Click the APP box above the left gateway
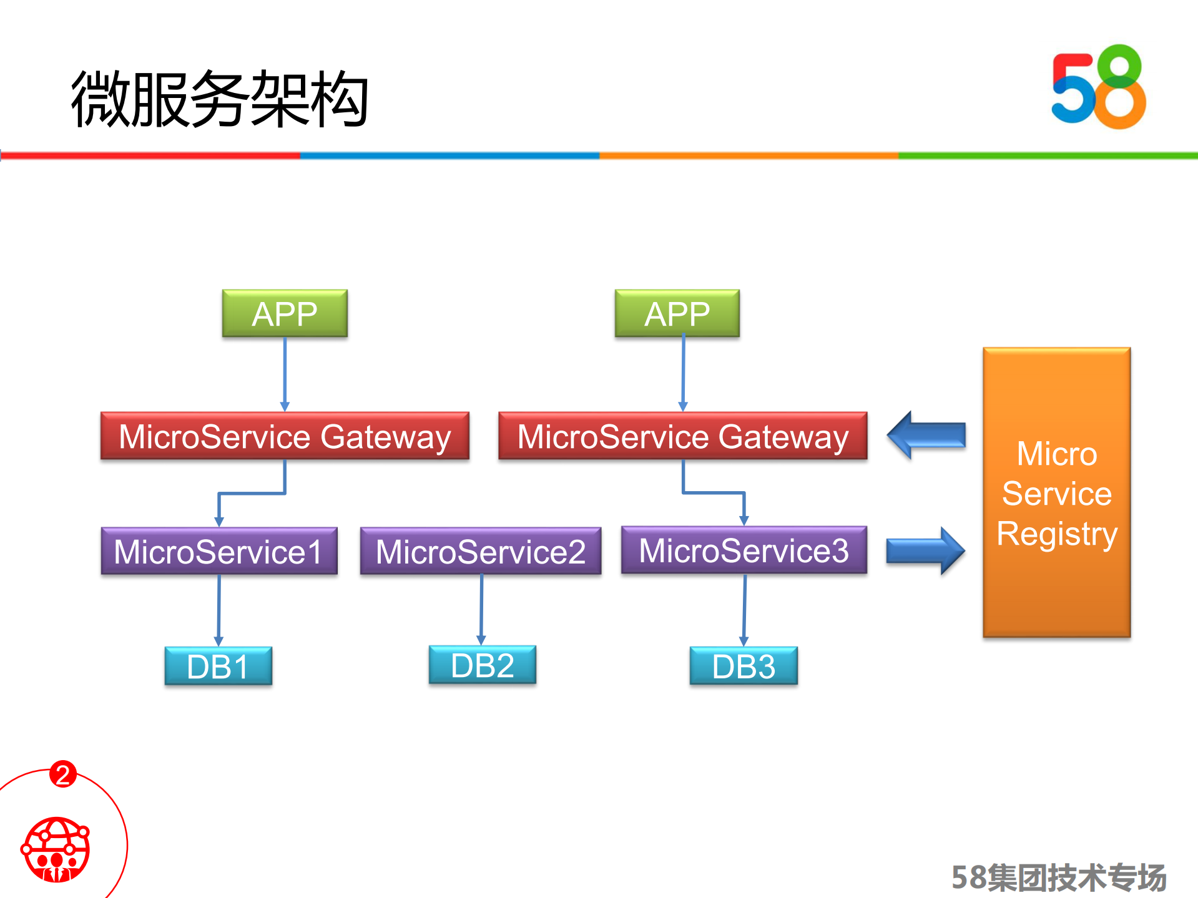(x=285, y=313)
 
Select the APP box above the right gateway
(x=677, y=313)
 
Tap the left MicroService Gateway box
(x=285, y=436)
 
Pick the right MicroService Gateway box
(x=682, y=436)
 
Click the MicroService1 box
(x=219, y=551)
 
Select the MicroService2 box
(x=481, y=551)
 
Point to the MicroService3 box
(x=744, y=550)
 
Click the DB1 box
(x=218, y=666)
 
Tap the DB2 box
(x=482, y=665)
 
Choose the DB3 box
(x=744, y=666)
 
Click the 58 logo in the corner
(x=1098, y=87)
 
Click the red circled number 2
(x=62, y=774)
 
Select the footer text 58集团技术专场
(x=1058, y=877)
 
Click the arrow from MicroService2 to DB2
(x=481, y=609)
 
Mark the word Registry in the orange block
(x=1056, y=534)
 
